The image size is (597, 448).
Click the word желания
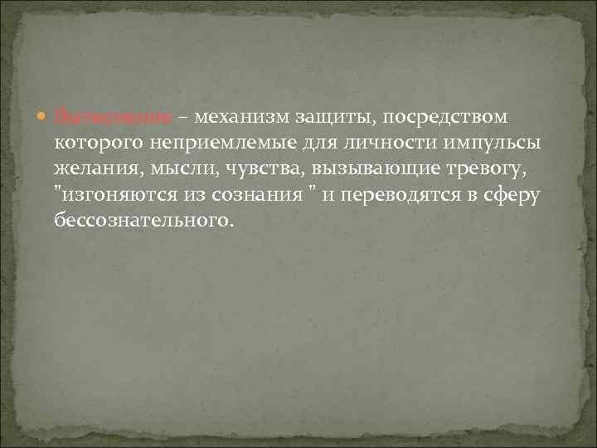91,169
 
